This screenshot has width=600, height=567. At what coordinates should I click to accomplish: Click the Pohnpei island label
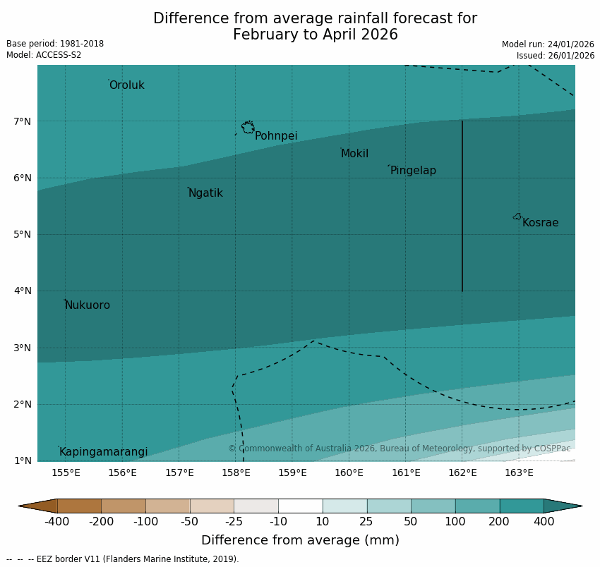point(276,136)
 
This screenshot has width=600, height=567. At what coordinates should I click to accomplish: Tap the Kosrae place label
point(540,223)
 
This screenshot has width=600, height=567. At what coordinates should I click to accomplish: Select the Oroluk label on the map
point(126,85)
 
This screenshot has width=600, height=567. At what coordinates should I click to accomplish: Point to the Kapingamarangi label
point(103,452)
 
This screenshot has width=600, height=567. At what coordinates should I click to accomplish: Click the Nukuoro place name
point(88,305)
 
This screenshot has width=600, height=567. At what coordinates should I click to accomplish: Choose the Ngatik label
point(205,193)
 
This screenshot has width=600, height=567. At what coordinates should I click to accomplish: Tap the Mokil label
point(354,154)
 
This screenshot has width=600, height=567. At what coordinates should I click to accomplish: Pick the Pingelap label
point(413,171)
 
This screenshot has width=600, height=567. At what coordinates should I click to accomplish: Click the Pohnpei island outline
point(248,128)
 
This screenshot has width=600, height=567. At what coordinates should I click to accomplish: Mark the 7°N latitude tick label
point(23,121)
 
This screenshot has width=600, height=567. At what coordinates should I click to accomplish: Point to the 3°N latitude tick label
point(23,348)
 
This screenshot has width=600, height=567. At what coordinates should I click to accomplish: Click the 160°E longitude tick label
point(349,472)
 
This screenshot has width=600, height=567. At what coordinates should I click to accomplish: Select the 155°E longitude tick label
point(66,472)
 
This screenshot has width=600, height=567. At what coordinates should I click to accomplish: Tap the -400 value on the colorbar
point(56,522)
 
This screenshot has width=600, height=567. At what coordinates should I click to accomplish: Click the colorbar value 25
point(367,522)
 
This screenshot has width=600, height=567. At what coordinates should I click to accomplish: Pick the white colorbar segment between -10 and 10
point(300,506)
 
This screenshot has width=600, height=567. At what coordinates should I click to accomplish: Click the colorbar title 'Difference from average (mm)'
point(300,541)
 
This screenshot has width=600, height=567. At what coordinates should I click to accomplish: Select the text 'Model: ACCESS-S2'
point(44,55)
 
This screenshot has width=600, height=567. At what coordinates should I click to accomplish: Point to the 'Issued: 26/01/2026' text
point(555,55)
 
